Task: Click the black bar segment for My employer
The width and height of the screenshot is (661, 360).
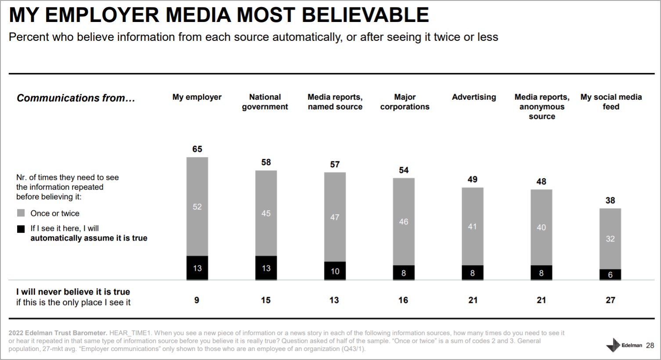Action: [197, 268]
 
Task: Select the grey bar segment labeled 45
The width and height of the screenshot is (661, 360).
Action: [266, 213]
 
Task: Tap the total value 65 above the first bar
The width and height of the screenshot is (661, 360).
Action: [197, 149]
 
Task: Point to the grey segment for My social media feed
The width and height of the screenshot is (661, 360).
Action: [610, 239]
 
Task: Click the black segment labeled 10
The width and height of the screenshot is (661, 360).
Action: [335, 271]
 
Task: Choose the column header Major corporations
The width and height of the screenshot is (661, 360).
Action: [405, 102]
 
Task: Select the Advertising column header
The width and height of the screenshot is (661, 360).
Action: [474, 97]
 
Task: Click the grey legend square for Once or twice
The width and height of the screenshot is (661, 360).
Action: [21, 213]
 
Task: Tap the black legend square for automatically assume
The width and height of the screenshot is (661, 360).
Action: [21, 229]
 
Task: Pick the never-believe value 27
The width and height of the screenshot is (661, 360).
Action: [610, 300]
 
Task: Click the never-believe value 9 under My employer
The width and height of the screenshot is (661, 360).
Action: [197, 300]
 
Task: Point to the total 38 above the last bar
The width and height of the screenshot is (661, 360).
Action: [610, 201]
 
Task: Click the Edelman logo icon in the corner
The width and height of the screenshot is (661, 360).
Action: [613, 346]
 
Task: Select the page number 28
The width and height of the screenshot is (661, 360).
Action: [650, 346]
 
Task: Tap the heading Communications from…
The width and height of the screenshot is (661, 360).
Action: [76, 98]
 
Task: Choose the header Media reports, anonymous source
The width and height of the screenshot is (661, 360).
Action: [542, 107]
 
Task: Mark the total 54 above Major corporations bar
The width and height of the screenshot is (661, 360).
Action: [404, 170]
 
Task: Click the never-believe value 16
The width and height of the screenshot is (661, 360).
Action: [403, 300]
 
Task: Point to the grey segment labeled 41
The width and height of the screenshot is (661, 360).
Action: [472, 227]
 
